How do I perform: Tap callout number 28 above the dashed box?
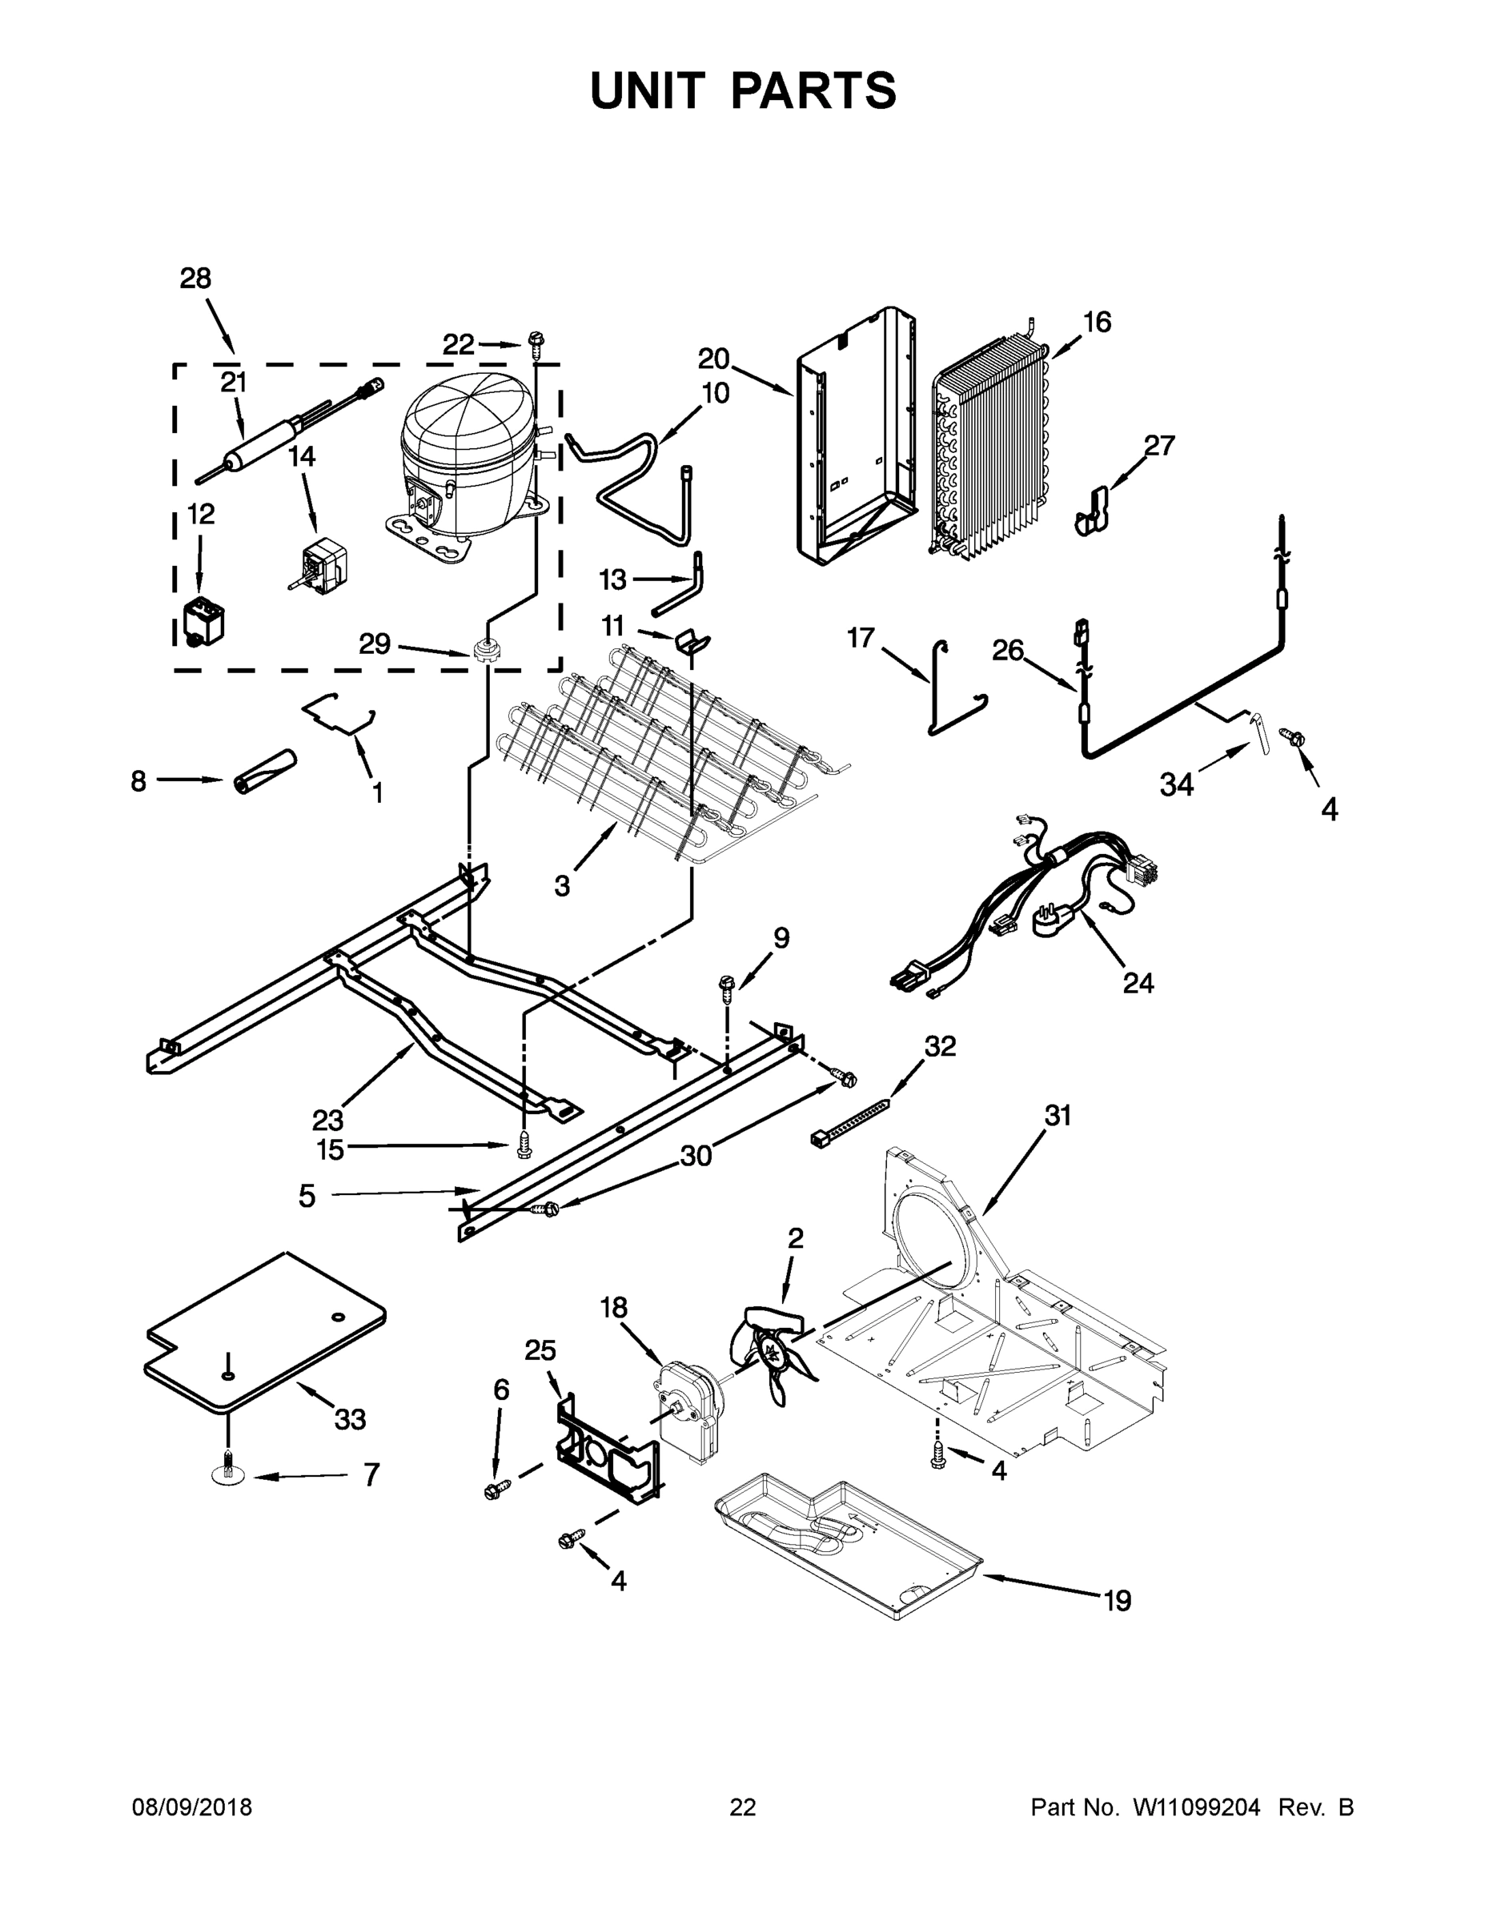195,279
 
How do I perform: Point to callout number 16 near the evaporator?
1096,322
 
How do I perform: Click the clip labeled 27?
1093,512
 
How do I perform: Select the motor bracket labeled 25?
607,1450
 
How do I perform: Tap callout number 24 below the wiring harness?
1138,982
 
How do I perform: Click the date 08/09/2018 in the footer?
192,1807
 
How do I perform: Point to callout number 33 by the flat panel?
349,1419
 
